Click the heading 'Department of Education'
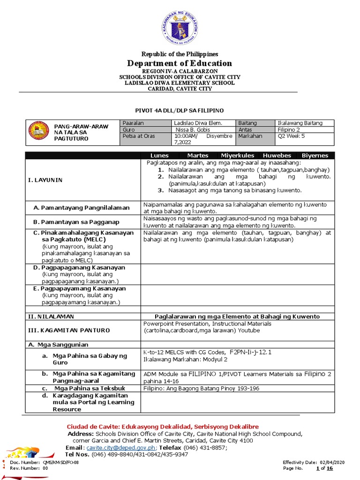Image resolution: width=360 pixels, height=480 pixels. coord(180,63)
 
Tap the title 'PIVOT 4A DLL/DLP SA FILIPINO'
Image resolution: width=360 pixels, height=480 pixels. coord(180,110)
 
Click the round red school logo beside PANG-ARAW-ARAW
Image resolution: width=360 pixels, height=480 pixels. coord(38,133)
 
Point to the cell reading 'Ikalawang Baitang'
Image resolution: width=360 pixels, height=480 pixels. coord(300,123)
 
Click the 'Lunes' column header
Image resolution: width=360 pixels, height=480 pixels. coord(159,156)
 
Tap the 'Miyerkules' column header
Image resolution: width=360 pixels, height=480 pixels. coord(238,156)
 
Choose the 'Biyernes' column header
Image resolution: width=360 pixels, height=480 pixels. coord(315,156)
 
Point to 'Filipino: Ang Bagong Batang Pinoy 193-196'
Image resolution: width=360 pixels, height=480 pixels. coord(201,388)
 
